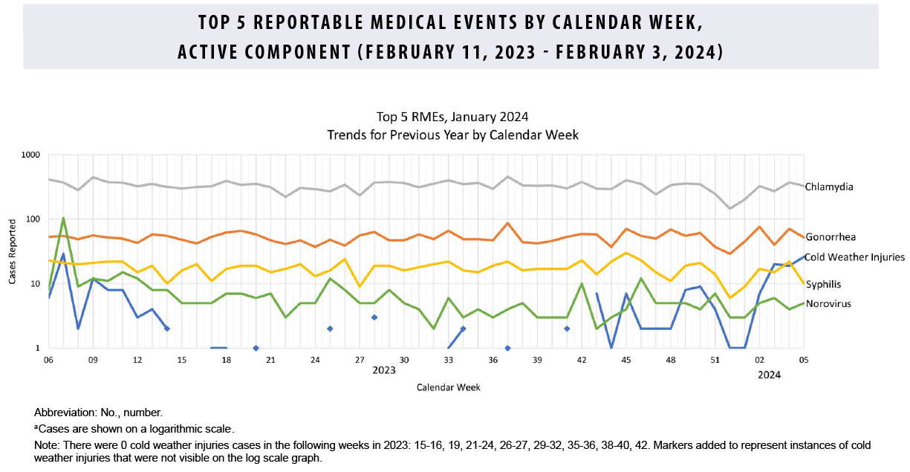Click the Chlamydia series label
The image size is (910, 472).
click(x=829, y=187)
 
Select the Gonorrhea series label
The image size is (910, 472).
click(x=831, y=236)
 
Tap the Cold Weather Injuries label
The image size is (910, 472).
click(x=855, y=257)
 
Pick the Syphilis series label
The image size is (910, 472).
click(x=824, y=284)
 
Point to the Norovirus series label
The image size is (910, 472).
click(x=828, y=304)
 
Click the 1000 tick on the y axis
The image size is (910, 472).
click(x=30, y=155)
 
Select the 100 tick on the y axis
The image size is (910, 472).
click(x=33, y=219)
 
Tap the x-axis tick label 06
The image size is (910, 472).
click(x=48, y=360)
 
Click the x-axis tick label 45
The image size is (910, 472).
click(x=626, y=360)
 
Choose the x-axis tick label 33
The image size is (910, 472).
click(x=448, y=360)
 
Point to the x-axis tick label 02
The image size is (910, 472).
click(x=759, y=360)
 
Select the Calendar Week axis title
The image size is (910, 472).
click(x=447, y=387)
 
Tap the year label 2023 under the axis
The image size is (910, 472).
click(x=383, y=370)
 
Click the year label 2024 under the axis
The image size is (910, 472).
click(x=769, y=375)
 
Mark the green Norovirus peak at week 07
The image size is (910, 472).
click(x=63, y=219)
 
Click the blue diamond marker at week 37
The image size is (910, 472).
click(x=507, y=348)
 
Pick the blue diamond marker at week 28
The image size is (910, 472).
click(x=374, y=317)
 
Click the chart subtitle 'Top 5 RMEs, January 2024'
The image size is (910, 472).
click(x=452, y=117)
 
